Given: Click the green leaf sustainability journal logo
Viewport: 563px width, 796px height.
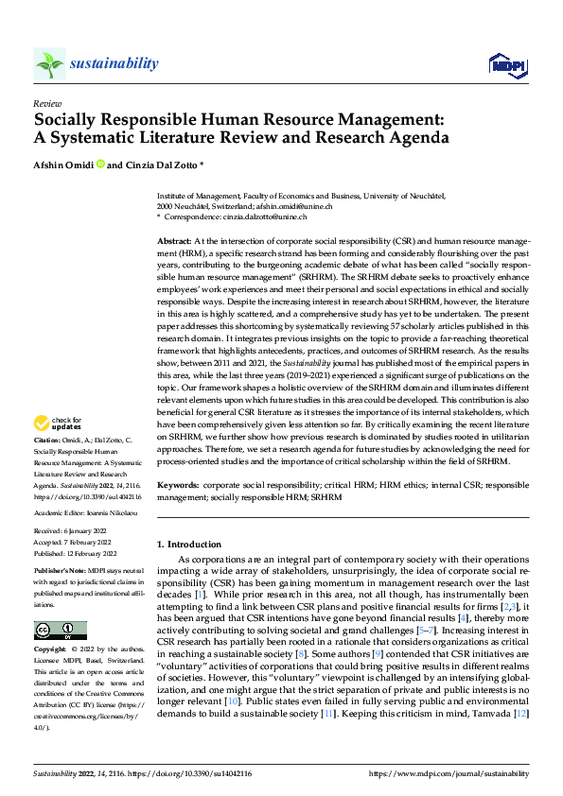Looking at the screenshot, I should (49, 65).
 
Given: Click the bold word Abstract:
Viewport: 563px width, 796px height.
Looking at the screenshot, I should (173, 243).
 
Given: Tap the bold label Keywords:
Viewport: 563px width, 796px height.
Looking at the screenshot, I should (178, 483).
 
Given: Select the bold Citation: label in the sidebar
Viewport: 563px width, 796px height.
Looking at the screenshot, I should (47, 441).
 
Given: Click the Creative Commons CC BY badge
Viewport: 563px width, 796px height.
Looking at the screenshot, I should (60, 631).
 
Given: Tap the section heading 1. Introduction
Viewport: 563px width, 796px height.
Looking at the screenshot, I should (189, 545).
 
